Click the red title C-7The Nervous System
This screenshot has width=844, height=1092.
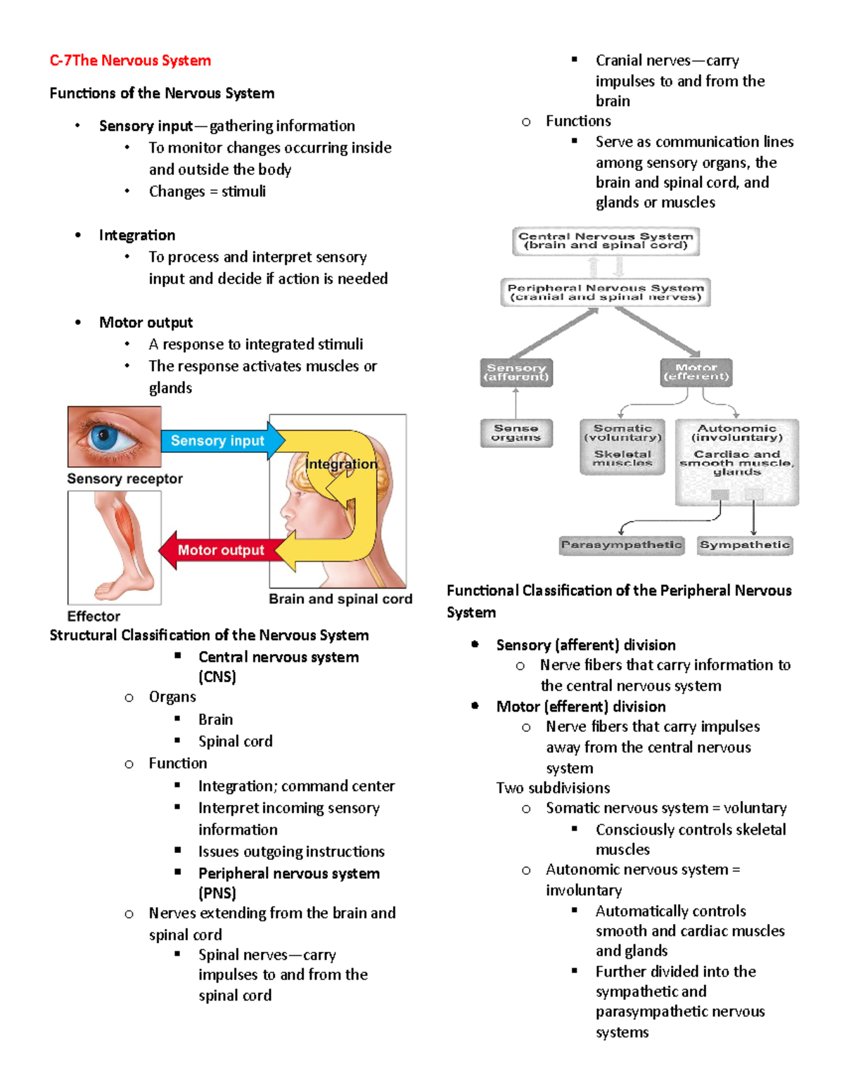[130, 60]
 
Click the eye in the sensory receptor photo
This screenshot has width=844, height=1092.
[105, 437]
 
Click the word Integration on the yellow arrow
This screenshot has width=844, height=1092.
[341, 464]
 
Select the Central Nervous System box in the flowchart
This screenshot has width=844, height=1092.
[606, 241]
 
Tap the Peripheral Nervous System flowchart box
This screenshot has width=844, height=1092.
[606, 293]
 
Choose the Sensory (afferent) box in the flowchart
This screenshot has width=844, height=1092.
[516, 373]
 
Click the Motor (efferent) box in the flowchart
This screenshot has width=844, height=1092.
[696, 373]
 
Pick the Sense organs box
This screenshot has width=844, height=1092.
[516, 433]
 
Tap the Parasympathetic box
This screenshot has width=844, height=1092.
[622, 545]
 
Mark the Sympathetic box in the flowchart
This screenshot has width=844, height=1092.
[745, 545]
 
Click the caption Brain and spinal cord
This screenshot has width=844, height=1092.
[340, 599]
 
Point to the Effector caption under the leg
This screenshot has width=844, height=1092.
[94, 617]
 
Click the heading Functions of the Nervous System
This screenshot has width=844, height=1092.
[162, 94]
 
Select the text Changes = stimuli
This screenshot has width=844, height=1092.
[207, 191]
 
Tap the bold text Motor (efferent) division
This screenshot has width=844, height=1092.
[580, 707]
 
